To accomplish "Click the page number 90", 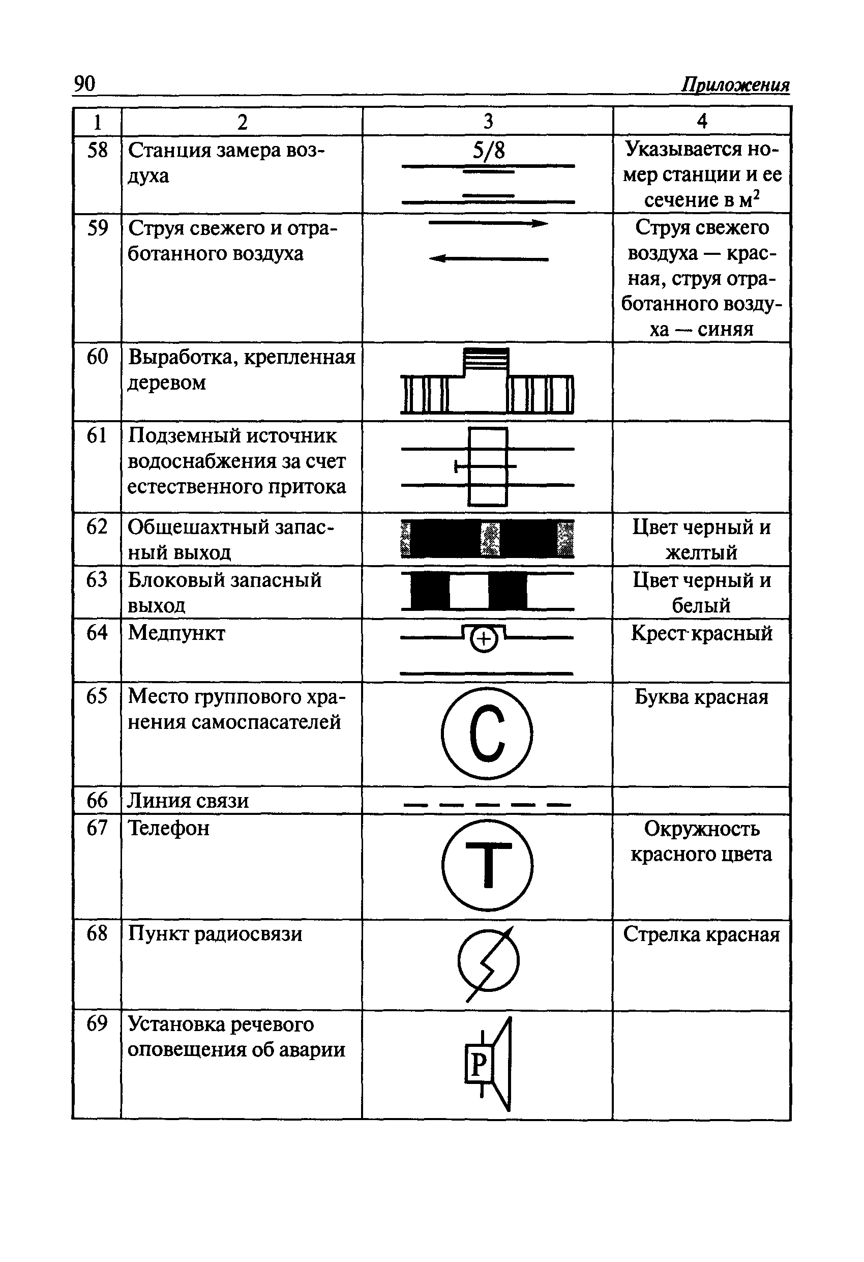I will (x=84, y=83).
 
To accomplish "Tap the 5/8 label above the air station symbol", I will (x=488, y=151).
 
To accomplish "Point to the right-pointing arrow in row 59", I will (x=488, y=223).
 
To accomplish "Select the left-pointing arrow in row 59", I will (x=488, y=259).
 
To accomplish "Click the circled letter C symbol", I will (x=487, y=733).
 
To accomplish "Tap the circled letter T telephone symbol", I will (x=487, y=865).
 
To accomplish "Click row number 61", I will (x=97, y=435).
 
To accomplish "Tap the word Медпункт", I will (x=176, y=633).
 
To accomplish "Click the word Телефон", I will (x=168, y=828).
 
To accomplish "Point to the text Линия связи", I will (x=188, y=801).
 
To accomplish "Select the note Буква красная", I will (x=701, y=697).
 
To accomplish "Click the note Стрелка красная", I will (x=701, y=934).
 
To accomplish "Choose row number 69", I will (x=97, y=1023).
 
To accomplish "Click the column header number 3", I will (x=488, y=121).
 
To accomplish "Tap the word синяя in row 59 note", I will (x=726, y=329).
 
